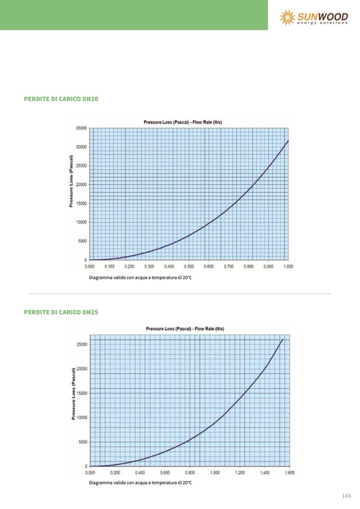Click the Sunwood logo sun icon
click(x=287, y=17)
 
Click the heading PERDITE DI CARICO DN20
click(x=61, y=99)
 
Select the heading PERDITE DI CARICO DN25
click(x=61, y=312)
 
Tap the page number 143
click(x=346, y=496)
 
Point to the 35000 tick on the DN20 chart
click(x=81, y=128)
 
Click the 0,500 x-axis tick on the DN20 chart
click(x=188, y=266)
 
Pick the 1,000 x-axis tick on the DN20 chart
click(x=288, y=266)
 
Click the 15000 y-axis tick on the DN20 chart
click(x=81, y=203)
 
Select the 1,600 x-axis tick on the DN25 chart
click(x=289, y=472)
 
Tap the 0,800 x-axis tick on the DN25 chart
click(x=190, y=472)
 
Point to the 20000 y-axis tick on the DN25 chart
click(x=81, y=368)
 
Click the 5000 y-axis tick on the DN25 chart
click(x=82, y=442)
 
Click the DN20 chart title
click(x=183, y=122)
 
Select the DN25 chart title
click(x=185, y=329)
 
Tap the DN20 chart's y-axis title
click(x=71, y=181)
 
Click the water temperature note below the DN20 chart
click(x=140, y=278)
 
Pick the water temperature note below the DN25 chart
click(x=140, y=482)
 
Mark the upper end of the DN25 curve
click(x=282, y=339)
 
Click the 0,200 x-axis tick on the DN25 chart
click(x=115, y=472)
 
